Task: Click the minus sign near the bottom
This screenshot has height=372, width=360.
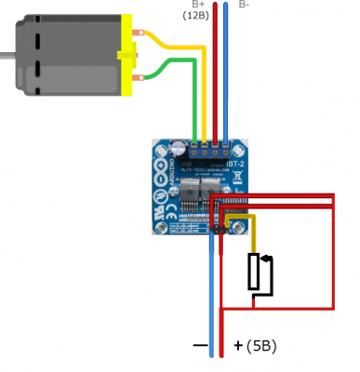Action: (x=199, y=346)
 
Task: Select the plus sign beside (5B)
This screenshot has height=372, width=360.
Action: (x=238, y=346)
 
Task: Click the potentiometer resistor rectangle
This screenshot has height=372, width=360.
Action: (x=257, y=272)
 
